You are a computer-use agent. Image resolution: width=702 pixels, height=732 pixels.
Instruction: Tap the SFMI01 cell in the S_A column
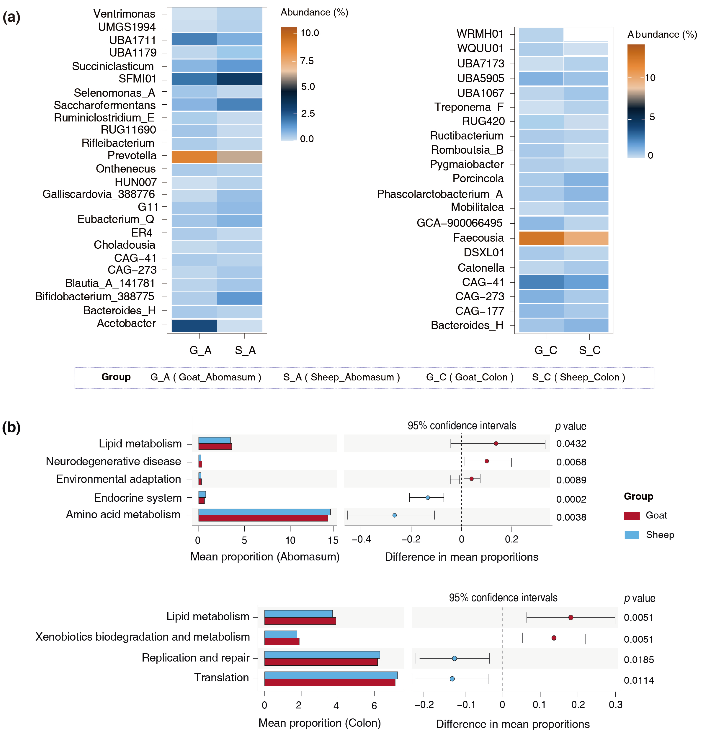[x=239, y=79]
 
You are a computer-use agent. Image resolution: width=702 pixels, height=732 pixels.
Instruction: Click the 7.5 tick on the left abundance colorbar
[x=307, y=61]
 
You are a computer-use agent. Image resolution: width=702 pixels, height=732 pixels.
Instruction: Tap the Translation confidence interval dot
[x=452, y=679]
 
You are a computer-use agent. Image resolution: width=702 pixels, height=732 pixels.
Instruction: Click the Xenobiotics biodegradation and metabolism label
[x=142, y=637]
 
